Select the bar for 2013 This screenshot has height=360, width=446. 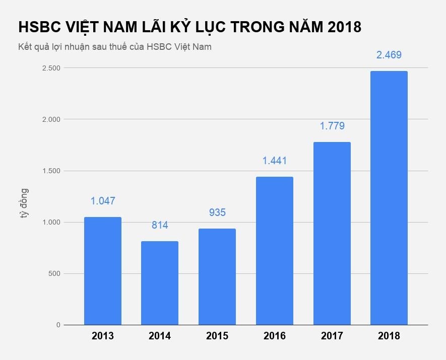pos(103,271)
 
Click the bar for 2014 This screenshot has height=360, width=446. pos(160,283)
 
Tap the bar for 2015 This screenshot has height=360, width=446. pos(217,277)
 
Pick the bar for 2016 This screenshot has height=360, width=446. pos(275,251)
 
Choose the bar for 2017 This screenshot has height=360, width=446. pos(332,234)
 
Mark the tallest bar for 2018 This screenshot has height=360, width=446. pos(389,198)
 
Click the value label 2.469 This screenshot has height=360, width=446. pos(389,55)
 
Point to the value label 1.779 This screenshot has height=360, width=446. pos(332,126)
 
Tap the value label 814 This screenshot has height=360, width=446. pos(160,225)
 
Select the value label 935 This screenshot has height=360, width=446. pos(217,212)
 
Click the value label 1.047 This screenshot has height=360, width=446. pos(103,201)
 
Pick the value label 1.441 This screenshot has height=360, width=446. pos(275,161)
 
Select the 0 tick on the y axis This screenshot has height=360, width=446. pos(58,325)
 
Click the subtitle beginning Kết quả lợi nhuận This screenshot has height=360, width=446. pos(114,47)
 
